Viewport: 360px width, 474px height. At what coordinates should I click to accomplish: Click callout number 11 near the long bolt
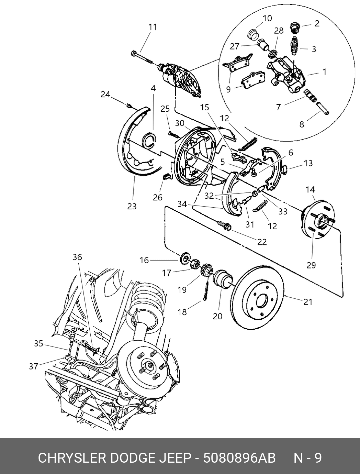tap(153, 27)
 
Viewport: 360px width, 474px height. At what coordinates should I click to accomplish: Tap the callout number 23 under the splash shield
tap(132, 207)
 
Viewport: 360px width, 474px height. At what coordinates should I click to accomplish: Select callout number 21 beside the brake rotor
tap(308, 302)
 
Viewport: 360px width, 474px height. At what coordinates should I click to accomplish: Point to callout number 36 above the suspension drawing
tap(77, 257)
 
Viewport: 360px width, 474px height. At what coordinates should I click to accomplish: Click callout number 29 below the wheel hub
tap(311, 265)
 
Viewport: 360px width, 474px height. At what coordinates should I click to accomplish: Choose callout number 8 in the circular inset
tap(302, 124)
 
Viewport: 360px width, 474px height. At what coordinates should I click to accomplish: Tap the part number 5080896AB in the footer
tap(239, 458)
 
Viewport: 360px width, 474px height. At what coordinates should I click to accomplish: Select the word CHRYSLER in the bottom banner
tap(72, 458)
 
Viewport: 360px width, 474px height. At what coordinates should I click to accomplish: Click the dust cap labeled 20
tap(222, 279)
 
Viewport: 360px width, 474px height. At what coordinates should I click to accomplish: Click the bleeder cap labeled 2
tap(295, 28)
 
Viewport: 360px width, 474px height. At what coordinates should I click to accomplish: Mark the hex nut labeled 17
tap(195, 264)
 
